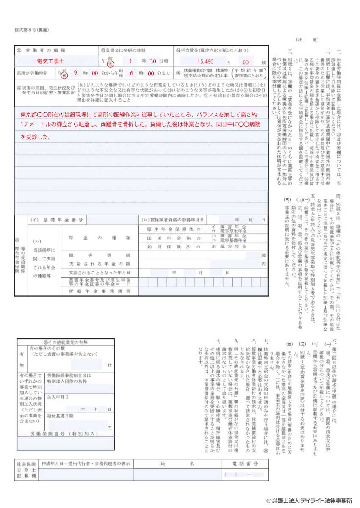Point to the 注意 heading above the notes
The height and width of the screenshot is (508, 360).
[307, 39]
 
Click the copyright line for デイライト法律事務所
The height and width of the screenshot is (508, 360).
[309, 500]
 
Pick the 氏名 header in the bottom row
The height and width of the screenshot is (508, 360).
[177, 464]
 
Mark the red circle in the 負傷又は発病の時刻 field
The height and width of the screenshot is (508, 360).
[111, 64]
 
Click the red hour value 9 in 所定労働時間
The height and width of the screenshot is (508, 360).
[75, 73]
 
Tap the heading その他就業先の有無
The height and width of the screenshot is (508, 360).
[65, 342]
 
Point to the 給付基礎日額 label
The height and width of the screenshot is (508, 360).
[61, 416]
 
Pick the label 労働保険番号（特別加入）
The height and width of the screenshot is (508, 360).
[65, 434]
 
